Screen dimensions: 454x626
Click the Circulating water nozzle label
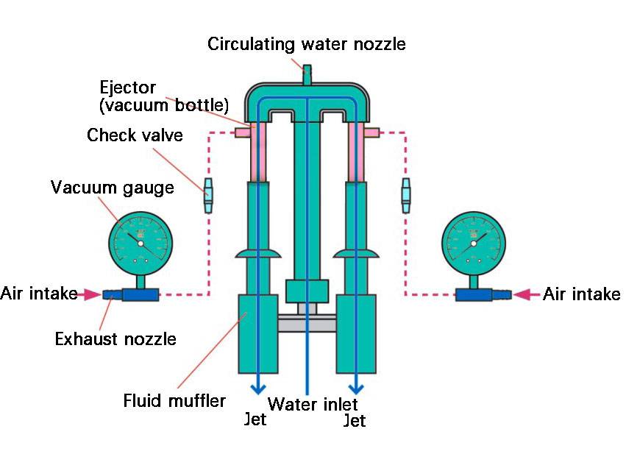(x=306, y=43)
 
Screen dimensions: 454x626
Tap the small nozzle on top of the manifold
(x=307, y=74)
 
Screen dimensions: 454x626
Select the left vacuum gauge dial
(x=142, y=240)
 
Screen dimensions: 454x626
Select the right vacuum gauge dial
(x=472, y=240)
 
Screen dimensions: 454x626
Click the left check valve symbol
(x=207, y=193)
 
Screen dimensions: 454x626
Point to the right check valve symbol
(x=406, y=193)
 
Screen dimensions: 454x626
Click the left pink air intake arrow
(x=91, y=294)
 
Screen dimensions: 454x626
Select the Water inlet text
(x=313, y=404)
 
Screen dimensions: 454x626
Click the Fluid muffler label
(x=174, y=402)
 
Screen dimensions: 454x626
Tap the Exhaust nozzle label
(x=115, y=339)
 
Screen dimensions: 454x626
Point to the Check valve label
(x=135, y=135)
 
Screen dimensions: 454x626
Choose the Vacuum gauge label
(x=113, y=187)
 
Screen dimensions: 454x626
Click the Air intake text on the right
(x=581, y=295)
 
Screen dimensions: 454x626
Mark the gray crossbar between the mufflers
(x=307, y=322)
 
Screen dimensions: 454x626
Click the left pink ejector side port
(x=241, y=132)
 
